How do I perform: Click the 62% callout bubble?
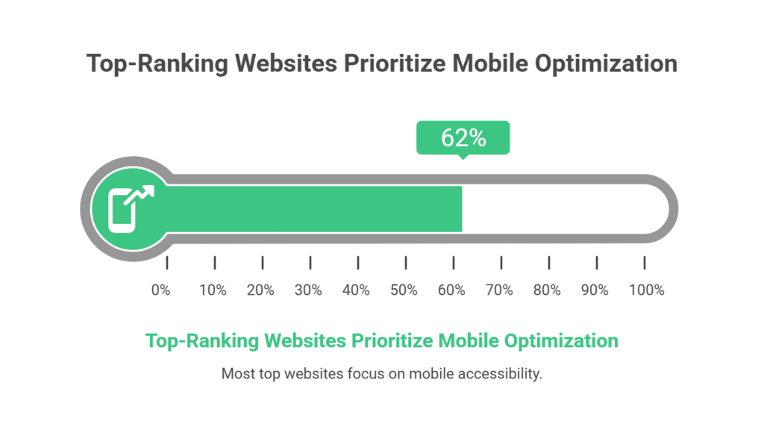pyautogui.click(x=463, y=138)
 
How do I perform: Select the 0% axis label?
pyautogui.click(x=160, y=290)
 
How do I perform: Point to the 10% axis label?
pyautogui.click(x=213, y=290)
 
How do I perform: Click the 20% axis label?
pyautogui.click(x=260, y=290)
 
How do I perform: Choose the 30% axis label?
pyautogui.click(x=308, y=290)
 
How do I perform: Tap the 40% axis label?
pyautogui.click(x=356, y=290)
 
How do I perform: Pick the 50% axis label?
pyautogui.click(x=404, y=290)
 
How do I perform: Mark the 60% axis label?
pyautogui.click(x=451, y=290)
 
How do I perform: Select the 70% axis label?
pyautogui.click(x=499, y=290)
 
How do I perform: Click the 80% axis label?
pyautogui.click(x=547, y=290)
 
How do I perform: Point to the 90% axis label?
pyautogui.click(x=595, y=290)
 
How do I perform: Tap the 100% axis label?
pyautogui.click(x=646, y=290)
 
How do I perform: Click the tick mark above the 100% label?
pyautogui.click(x=644, y=263)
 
